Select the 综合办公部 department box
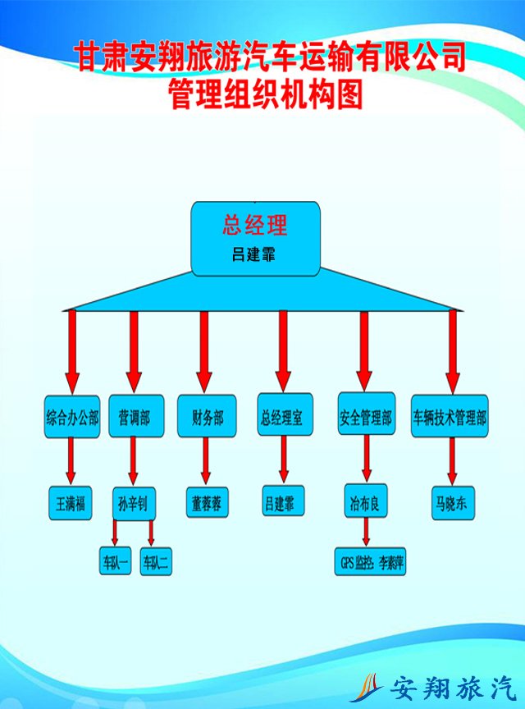pyautogui.click(x=72, y=418)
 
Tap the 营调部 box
pyautogui.click(x=134, y=418)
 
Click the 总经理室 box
pyautogui.click(x=282, y=418)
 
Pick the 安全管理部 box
pyautogui.click(x=366, y=418)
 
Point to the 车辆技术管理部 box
pyautogui.click(x=450, y=418)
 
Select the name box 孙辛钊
pyautogui.click(x=134, y=503)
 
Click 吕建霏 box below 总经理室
pyautogui.click(x=283, y=501)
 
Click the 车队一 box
pyautogui.click(x=116, y=562)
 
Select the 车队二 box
pyautogui.click(x=155, y=562)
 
